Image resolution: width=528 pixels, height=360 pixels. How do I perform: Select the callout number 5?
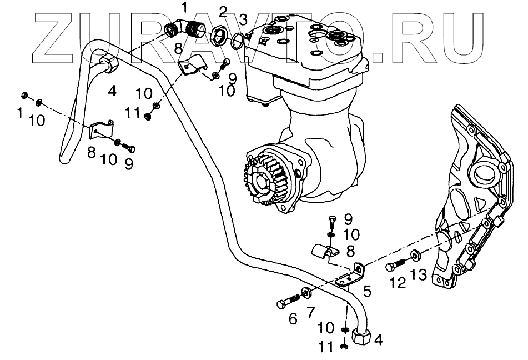pos(366,289)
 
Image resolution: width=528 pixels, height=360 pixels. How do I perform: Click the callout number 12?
pos(398,283)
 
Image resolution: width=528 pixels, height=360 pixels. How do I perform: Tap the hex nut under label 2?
pos(217,36)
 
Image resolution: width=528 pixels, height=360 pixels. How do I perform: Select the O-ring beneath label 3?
pos(237,39)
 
